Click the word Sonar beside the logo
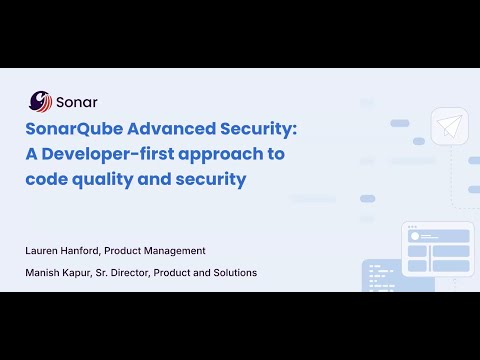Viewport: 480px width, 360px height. (77, 101)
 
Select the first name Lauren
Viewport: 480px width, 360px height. (45, 250)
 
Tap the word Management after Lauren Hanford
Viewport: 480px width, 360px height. (176, 250)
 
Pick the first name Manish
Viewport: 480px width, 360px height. (45, 272)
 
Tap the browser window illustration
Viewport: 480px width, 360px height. (436, 249)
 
